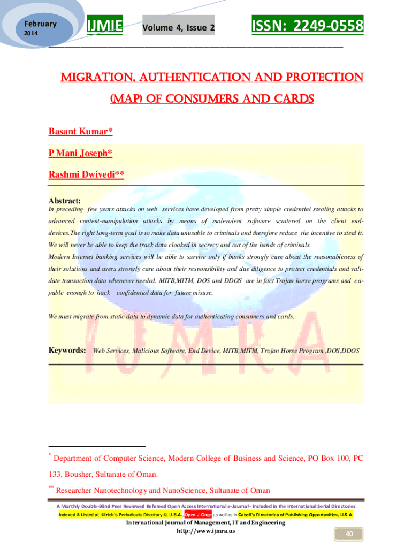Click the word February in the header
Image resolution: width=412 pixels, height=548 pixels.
(x=40, y=24)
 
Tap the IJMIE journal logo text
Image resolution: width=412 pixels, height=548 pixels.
(x=105, y=25)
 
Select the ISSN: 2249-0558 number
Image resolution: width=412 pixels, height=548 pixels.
(x=307, y=25)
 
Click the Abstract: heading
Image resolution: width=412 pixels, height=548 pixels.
(x=65, y=200)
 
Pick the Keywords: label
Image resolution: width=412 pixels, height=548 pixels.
(x=67, y=351)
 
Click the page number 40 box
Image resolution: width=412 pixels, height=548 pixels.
(x=348, y=534)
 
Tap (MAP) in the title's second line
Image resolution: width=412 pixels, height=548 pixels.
(x=127, y=99)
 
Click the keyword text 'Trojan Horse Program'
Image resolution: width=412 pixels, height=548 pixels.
(x=292, y=351)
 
